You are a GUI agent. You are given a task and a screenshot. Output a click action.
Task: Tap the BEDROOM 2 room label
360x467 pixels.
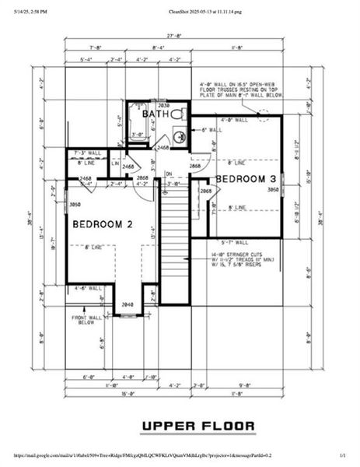(x=103, y=224)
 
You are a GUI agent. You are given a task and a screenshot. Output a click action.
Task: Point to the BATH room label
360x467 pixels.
(x=156, y=114)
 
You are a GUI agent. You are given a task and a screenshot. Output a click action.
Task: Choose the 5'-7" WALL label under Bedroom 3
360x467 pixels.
(x=234, y=242)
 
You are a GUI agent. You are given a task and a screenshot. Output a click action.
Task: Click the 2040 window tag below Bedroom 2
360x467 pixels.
(x=128, y=304)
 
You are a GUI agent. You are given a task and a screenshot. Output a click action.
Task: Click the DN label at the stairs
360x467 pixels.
(x=168, y=174)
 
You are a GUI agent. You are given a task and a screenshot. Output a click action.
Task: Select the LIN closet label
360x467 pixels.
(x=114, y=163)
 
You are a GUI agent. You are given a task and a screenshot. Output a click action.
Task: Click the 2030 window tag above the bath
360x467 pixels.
(x=163, y=105)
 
